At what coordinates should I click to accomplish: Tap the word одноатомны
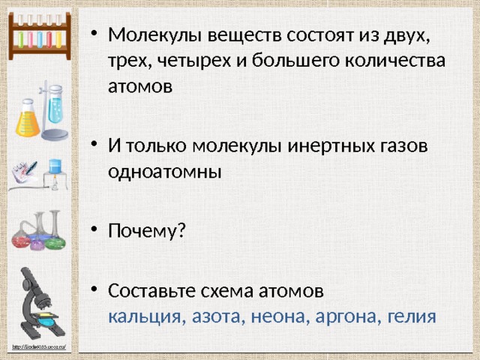[x=165, y=170]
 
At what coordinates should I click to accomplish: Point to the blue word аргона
[x=342, y=316]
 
